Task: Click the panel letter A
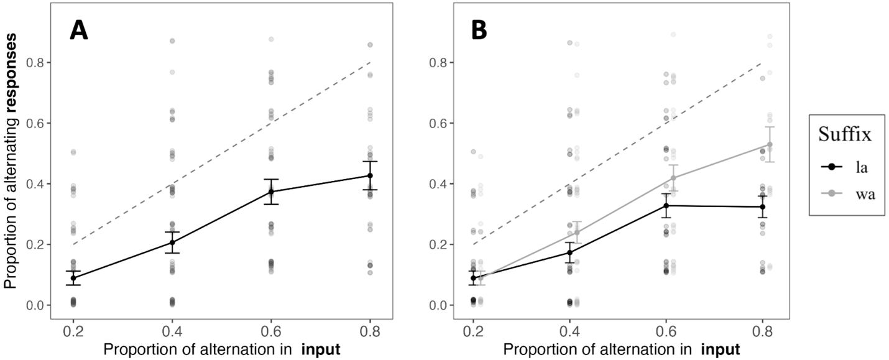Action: click(x=78, y=30)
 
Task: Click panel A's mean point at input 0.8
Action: click(x=370, y=175)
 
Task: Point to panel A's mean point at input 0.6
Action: click(x=271, y=192)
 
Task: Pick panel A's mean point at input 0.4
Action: click(x=172, y=242)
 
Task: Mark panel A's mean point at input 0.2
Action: click(x=73, y=278)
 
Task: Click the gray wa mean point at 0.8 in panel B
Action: click(x=770, y=144)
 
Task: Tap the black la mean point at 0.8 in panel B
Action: click(x=762, y=206)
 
